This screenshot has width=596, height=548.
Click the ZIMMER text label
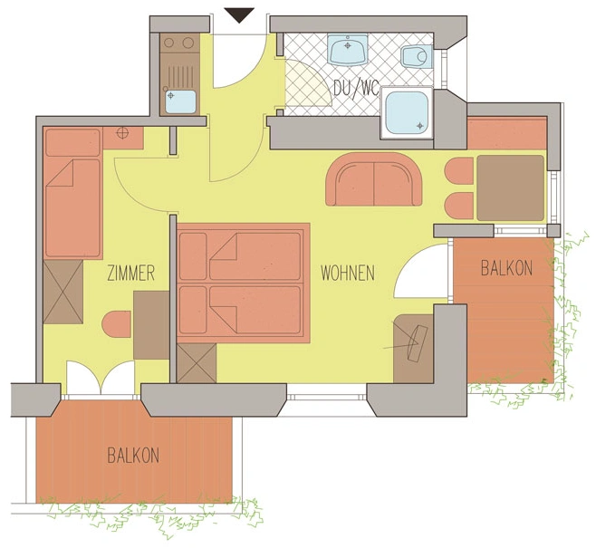[x=131, y=273]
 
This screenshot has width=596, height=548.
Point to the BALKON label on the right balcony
[x=506, y=268]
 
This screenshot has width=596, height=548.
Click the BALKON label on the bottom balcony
[x=132, y=455]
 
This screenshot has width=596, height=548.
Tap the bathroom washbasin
[x=348, y=50]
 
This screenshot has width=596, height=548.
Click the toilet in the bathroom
[x=416, y=57]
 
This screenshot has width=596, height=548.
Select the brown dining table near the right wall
[x=510, y=188]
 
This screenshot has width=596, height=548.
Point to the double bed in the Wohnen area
[x=241, y=283]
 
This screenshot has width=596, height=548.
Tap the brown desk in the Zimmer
[x=150, y=324]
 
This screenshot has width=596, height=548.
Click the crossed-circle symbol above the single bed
[x=124, y=134]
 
